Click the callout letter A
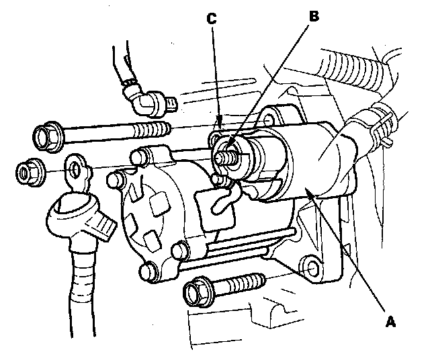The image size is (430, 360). point(389,321)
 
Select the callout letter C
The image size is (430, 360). point(211,19)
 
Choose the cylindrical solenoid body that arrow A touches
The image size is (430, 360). point(296,168)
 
